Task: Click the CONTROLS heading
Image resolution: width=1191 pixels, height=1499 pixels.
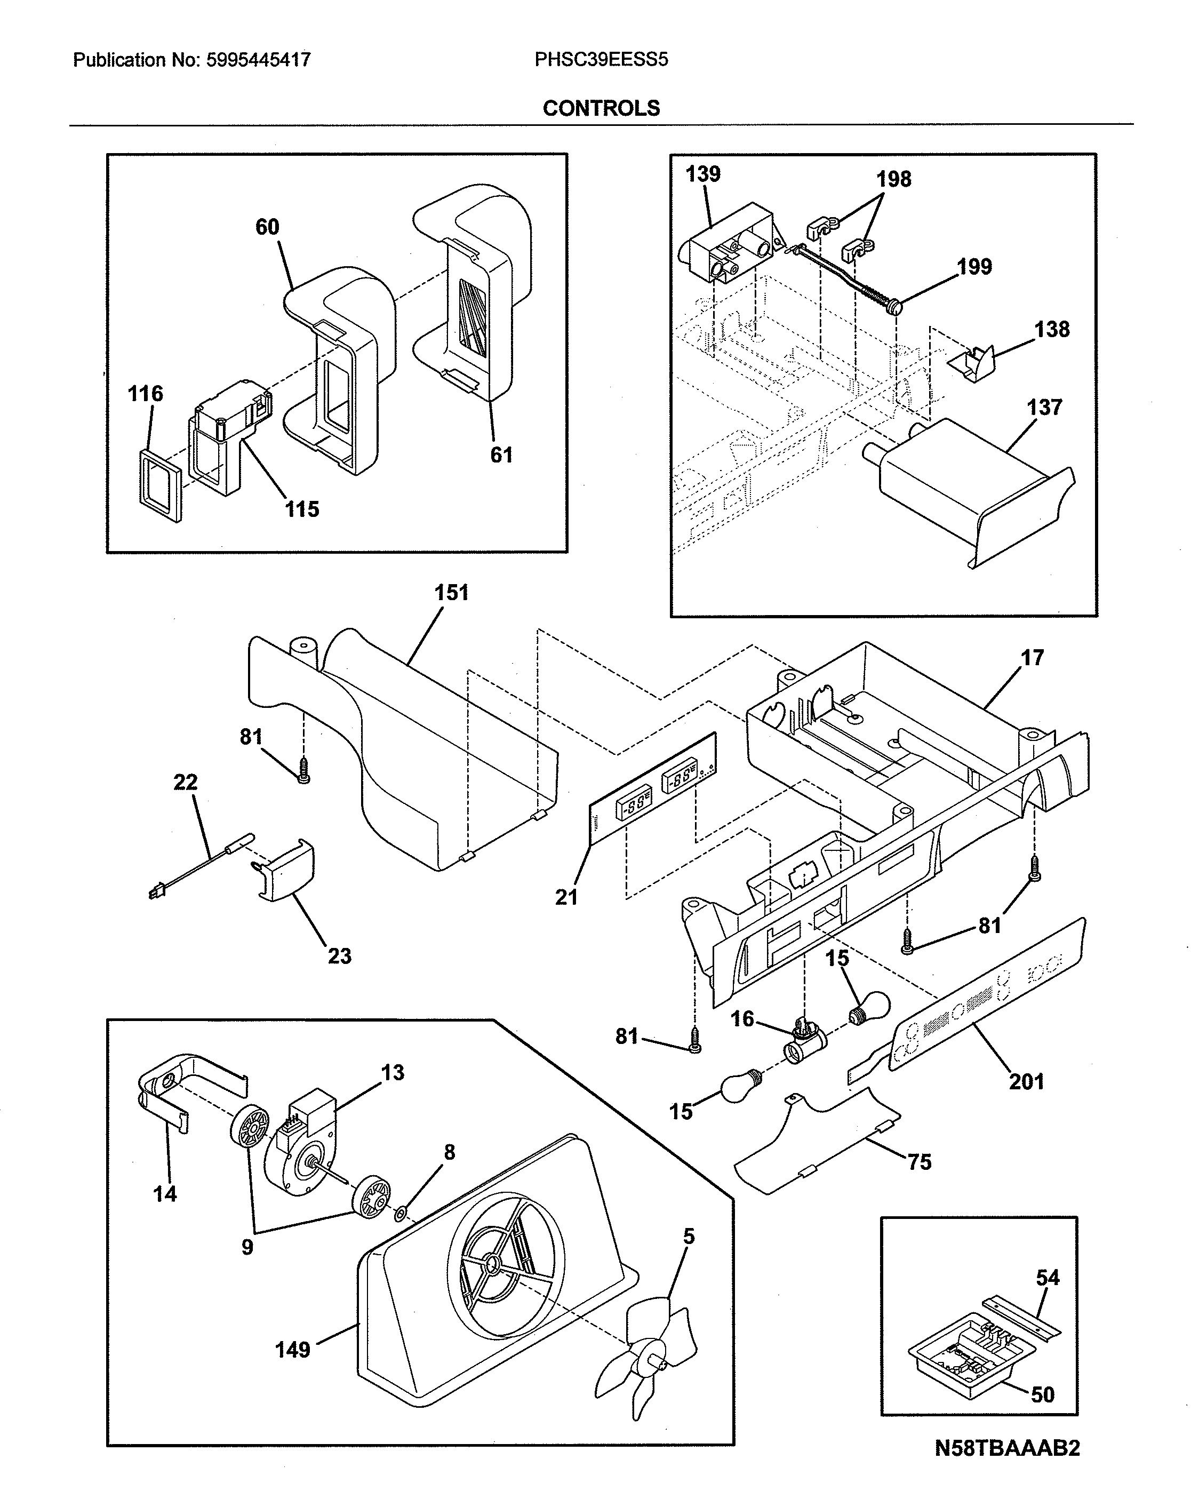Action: pos(601,108)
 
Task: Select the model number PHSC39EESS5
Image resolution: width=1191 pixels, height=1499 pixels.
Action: pos(601,60)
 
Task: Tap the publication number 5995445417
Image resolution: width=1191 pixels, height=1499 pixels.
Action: pos(258,60)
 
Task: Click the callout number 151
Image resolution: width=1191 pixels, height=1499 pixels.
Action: pos(451,593)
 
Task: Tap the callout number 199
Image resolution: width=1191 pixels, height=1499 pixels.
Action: pos(974,267)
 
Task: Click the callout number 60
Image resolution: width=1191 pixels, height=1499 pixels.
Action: pos(267,227)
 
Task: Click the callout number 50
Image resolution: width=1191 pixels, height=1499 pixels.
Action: pos(1042,1394)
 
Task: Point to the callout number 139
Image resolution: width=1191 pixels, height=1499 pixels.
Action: pos(702,174)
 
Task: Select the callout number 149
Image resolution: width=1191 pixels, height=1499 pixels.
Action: pos(292,1350)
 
